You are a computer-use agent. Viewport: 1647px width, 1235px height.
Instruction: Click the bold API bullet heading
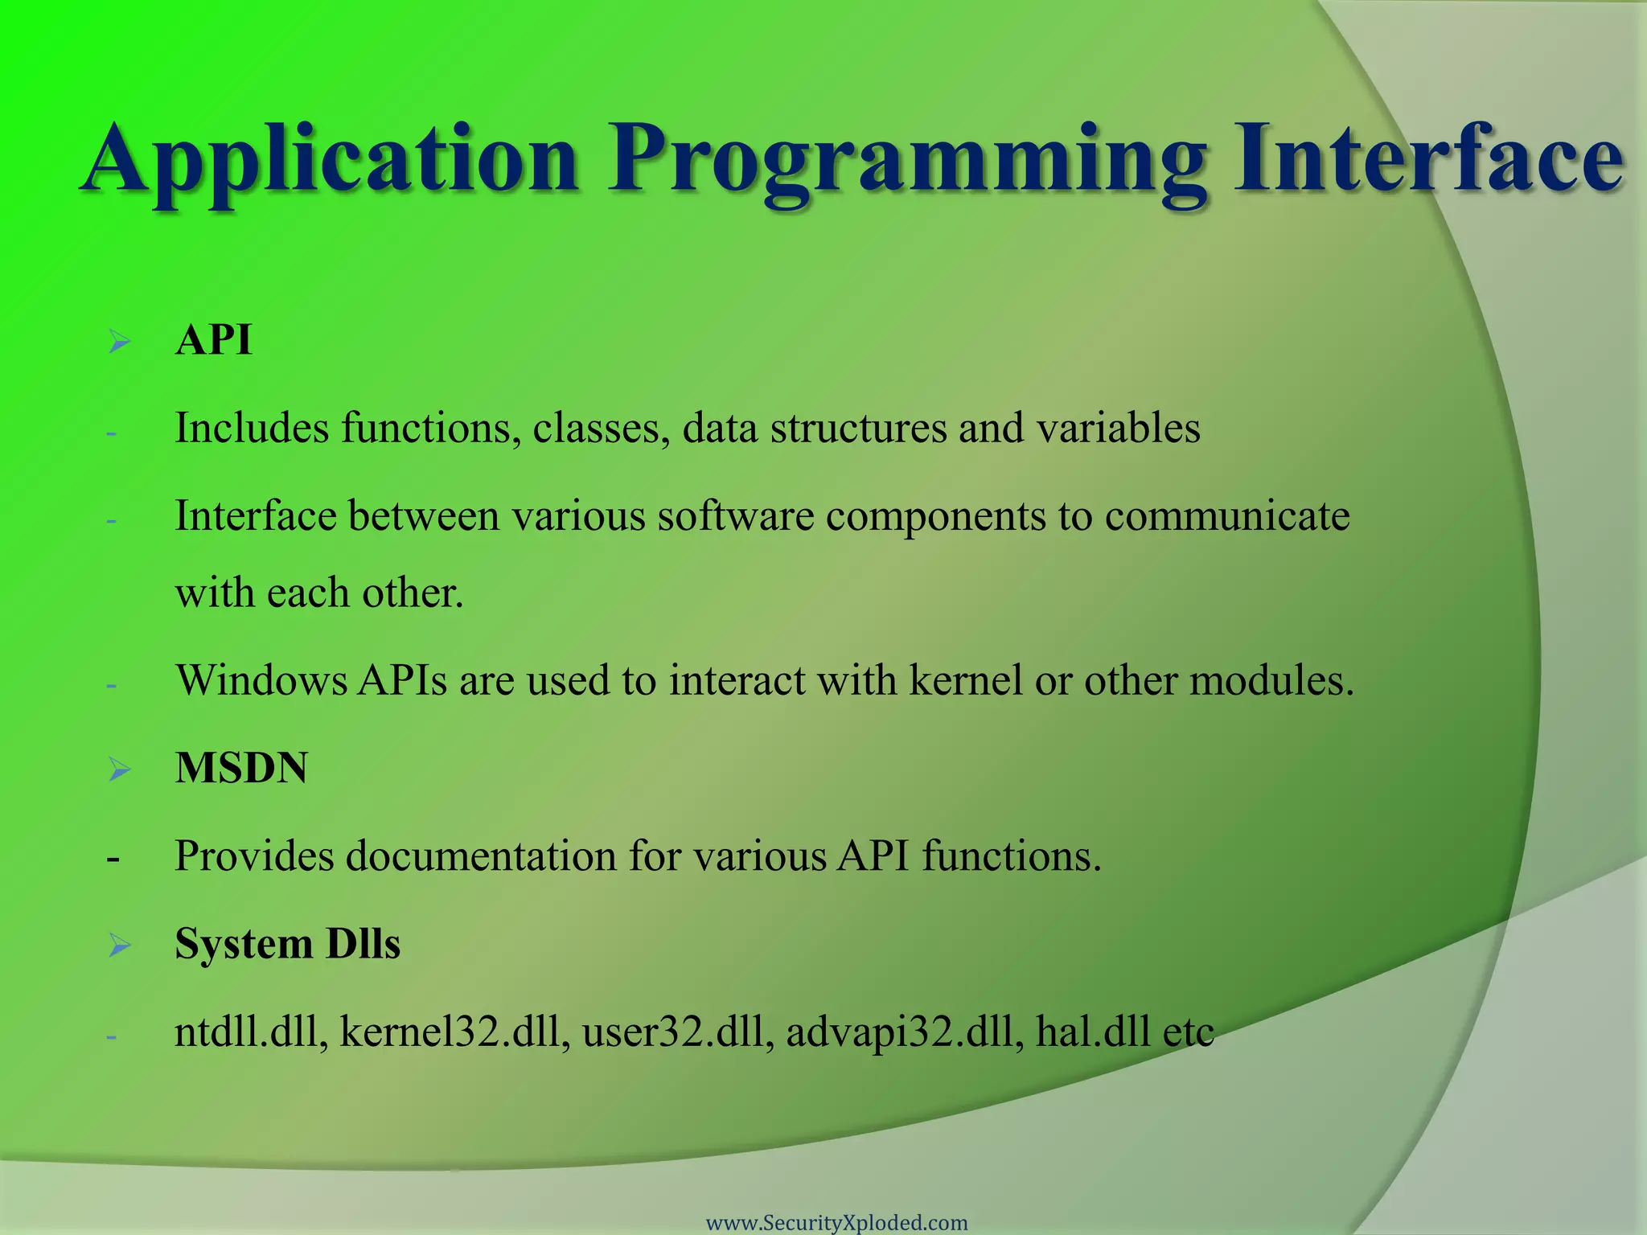pos(213,340)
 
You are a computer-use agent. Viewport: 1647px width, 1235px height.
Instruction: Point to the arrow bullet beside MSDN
pos(120,769)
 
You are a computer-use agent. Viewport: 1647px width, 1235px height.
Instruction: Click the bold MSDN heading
pos(241,768)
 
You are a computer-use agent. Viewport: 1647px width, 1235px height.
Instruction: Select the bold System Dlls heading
pos(287,943)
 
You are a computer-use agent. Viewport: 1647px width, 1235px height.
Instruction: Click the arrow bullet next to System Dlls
pos(120,945)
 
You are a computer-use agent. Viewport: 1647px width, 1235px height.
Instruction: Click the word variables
pos(1118,428)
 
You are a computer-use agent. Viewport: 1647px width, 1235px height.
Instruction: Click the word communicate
pos(1226,516)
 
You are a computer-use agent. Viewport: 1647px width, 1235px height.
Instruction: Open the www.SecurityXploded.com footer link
pos(836,1223)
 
